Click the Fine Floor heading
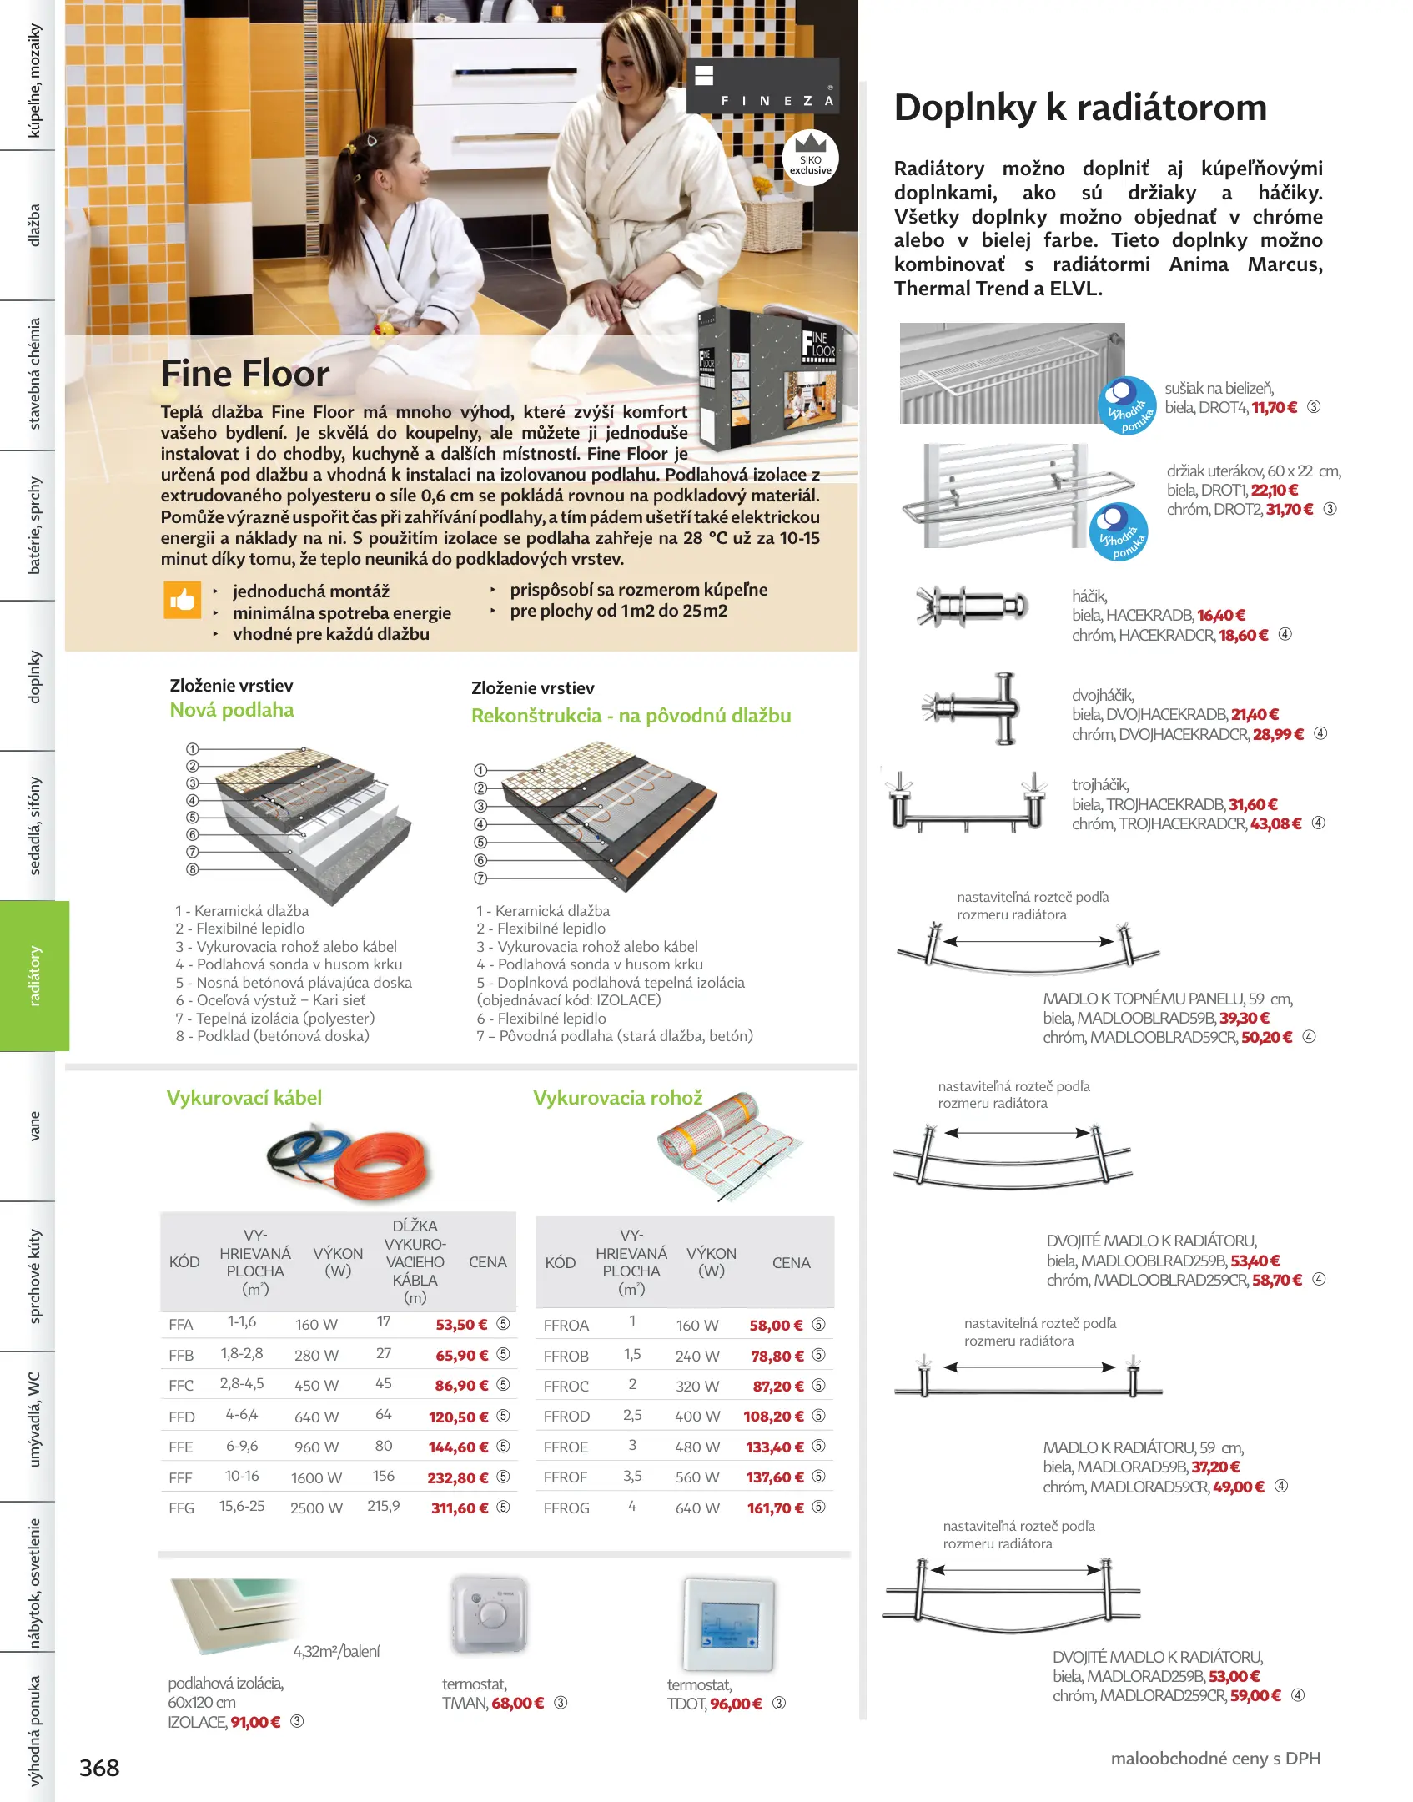point(245,374)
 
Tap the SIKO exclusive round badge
point(810,159)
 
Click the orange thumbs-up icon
point(182,599)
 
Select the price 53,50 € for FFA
point(461,1324)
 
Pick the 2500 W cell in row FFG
point(316,1508)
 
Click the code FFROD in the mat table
point(566,1416)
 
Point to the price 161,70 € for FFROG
point(775,1508)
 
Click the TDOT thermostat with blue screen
point(729,1623)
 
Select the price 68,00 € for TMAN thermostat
point(517,1703)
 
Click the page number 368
point(99,1767)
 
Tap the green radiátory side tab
point(34,975)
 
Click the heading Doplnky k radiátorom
point(1080,108)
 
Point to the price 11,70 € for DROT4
point(1274,408)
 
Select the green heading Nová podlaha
point(232,710)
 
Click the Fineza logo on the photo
point(762,86)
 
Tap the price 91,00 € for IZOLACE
point(255,1722)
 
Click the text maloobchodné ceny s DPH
point(1215,1758)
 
